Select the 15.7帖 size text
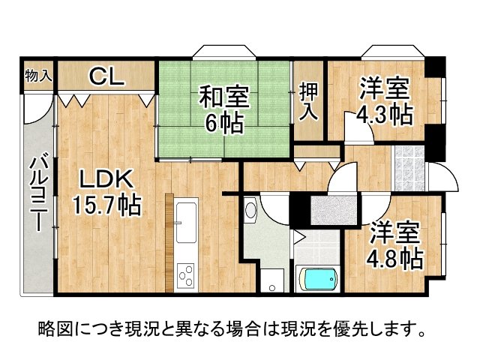coord(107,204)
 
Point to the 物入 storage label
coord(37,75)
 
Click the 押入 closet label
coord(308,103)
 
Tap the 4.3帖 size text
coord(383,115)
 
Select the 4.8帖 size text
coord(394,259)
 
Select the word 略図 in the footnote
coord(53,328)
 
